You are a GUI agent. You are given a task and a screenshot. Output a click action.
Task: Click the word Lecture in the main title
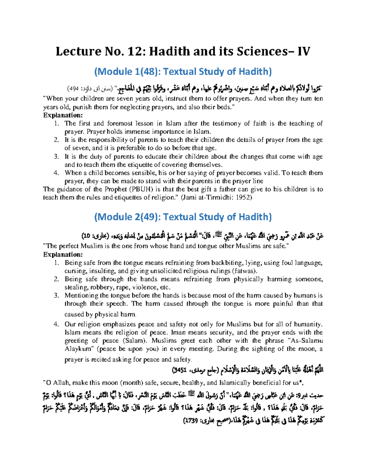[x=77, y=51]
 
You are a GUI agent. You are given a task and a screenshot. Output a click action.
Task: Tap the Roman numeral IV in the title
[x=304, y=51]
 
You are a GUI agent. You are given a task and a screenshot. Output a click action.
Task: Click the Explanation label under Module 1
[x=63, y=115]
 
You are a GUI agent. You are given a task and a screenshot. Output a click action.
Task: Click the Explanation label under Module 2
[x=63, y=254]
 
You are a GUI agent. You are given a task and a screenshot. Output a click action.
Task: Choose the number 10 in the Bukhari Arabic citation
[x=86, y=236]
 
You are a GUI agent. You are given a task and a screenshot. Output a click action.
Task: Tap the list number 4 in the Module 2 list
[x=56, y=324]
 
